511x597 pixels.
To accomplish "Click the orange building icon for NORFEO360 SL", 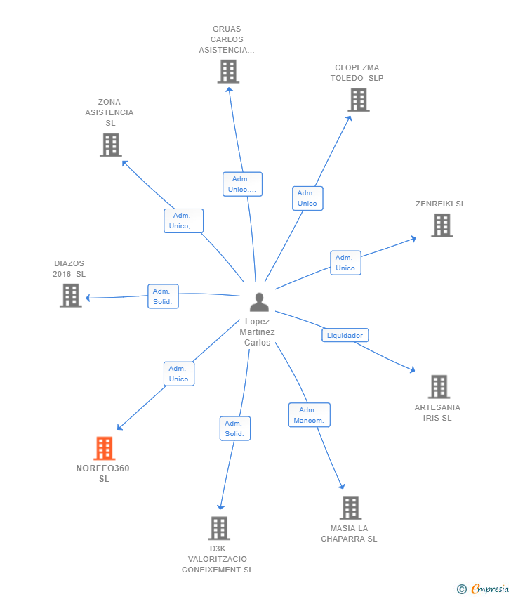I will click(x=104, y=448).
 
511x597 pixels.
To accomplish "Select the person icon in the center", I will click(x=259, y=302).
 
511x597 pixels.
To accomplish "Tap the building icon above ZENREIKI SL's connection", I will click(x=442, y=225).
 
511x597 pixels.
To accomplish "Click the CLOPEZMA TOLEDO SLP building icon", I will click(x=359, y=100).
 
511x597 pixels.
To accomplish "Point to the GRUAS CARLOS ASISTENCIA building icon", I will click(x=227, y=72).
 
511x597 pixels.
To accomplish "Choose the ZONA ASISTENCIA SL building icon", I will click(x=110, y=145).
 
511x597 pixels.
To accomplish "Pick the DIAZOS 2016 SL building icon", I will click(x=70, y=295).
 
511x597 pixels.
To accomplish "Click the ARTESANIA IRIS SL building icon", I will click(x=439, y=386).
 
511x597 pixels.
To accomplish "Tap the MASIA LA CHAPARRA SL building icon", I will click(x=350, y=507).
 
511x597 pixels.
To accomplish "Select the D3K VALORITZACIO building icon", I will click(x=219, y=528).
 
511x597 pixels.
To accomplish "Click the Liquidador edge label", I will click(x=345, y=335).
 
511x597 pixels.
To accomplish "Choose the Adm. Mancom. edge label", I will click(x=309, y=415).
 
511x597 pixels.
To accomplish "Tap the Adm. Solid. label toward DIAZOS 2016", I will click(x=163, y=296).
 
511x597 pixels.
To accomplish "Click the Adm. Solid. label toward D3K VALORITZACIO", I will click(x=234, y=428).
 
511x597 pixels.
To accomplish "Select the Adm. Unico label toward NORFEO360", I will click(x=178, y=374).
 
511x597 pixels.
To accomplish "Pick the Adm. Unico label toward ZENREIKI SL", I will click(x=345, y=263).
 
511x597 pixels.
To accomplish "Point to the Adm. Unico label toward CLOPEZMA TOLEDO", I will click(x=307, y=198).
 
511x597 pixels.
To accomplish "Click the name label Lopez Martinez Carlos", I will click(x=257, y=332).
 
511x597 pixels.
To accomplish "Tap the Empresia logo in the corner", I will click(x=485, y=589).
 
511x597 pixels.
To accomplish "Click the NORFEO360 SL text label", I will click(x=103, y=473).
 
